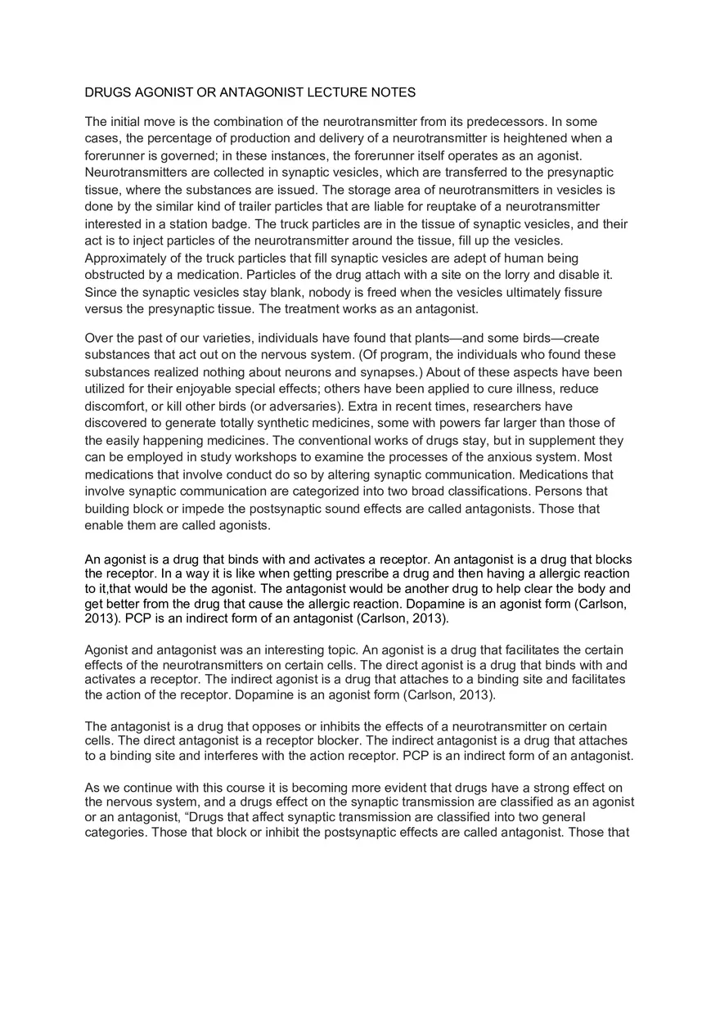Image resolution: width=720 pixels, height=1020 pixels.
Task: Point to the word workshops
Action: tap(260, 457)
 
